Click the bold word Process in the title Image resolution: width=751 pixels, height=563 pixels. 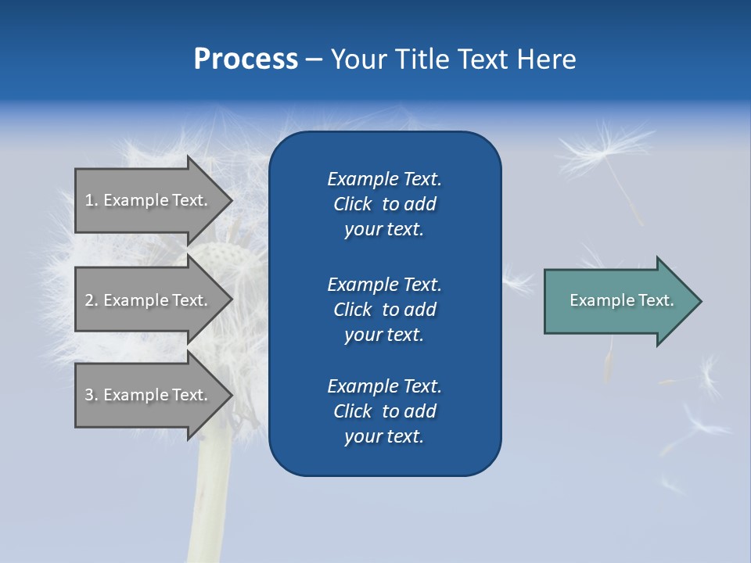(x=246, y=59)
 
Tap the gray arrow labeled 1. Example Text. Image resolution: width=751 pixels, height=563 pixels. (x=149, y=200)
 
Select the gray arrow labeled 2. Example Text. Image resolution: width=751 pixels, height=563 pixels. (x=149, y=300)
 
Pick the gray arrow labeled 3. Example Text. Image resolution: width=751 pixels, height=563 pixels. (x=149, y=395)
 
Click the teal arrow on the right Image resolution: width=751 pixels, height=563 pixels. (x=618, y=301)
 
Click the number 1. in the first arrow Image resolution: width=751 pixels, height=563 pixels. (x=92, y=200)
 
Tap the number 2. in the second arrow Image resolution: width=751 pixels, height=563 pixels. (x=92, y=300)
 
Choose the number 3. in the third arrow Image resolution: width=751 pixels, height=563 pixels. (x=92, y=395)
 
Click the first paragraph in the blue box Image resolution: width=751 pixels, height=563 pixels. (x=384, y=204)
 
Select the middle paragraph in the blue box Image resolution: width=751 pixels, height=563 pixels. (x=384, y=310)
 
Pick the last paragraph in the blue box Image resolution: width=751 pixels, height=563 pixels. (x=384, y=411)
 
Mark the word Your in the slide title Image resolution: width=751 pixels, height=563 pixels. (x=356, y=59)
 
